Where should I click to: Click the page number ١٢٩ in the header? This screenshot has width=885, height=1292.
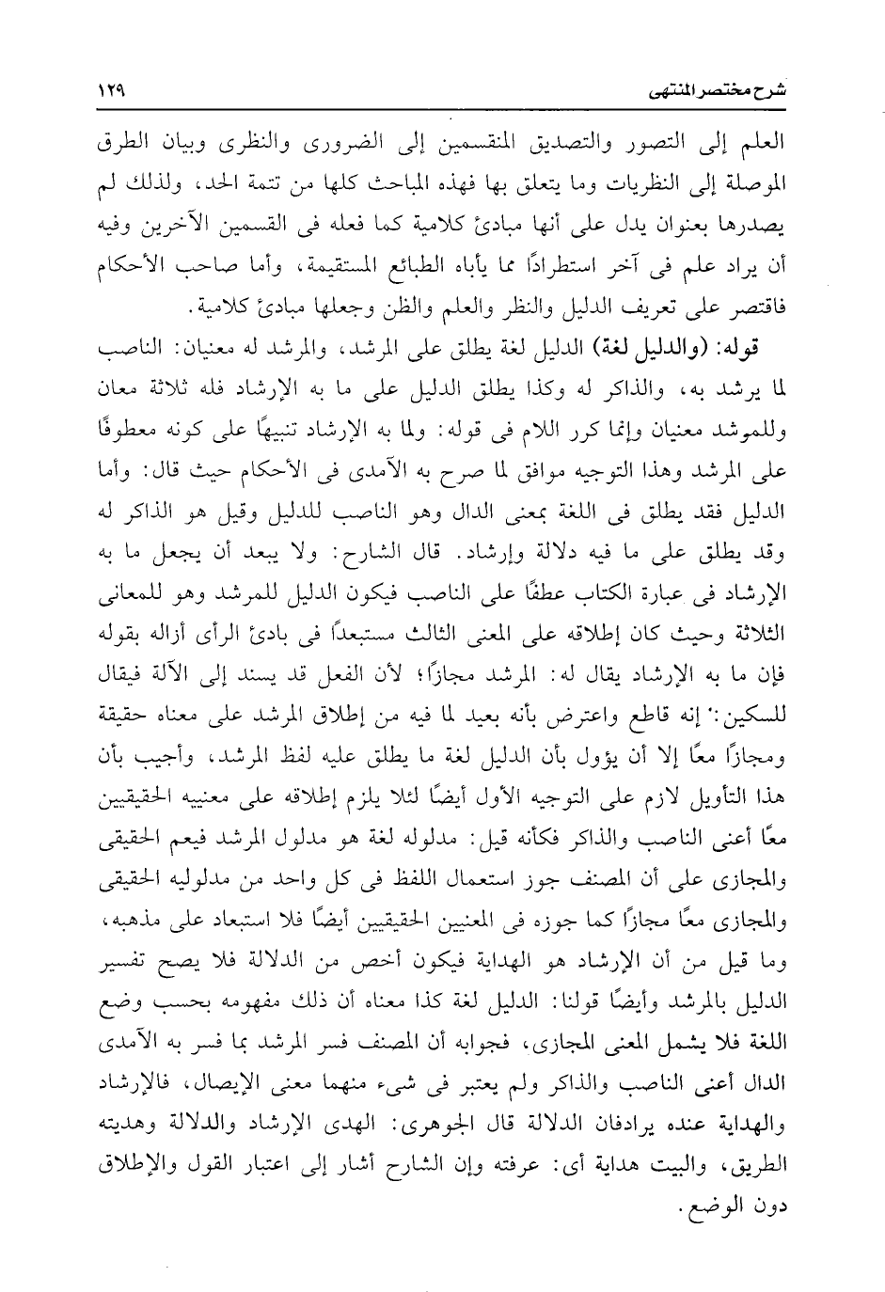point(113,93)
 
